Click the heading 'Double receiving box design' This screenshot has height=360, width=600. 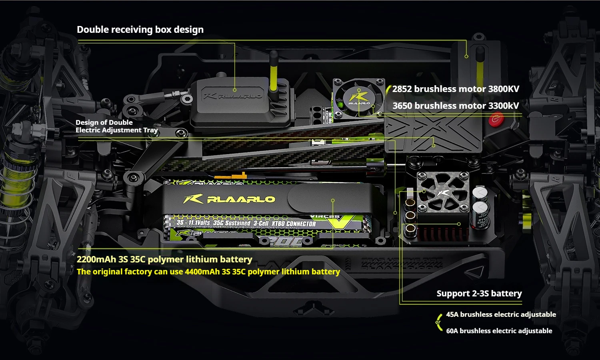pyautogui.click(x=140, y=30)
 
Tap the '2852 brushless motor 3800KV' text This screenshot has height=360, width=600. pyautogui.click(x=456, y=89)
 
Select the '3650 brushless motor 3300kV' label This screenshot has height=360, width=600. pyautogui.click(x=456, y=106)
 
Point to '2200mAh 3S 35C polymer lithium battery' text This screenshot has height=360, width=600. pyautogui.click(x=164, y=259)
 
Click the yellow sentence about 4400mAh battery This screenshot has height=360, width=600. pyautogui.click(x=208, y=272)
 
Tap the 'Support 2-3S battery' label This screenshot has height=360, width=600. pyautogui.click(x=479, y=293)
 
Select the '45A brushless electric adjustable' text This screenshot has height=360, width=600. pyautogui.click(x=501, y=314)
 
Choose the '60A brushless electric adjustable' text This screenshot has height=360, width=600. pyautogui.click(x=499, y=331)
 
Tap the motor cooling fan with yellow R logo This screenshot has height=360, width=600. pyautogui.click(x=359, y=98)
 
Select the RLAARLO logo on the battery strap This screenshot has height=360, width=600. pyautogui.click(x=230, y=199)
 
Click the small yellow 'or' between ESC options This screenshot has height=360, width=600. pyautogui.click(x=438, y=322)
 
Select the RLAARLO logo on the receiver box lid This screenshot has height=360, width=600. pyautogui.click(x=233, y=96)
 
